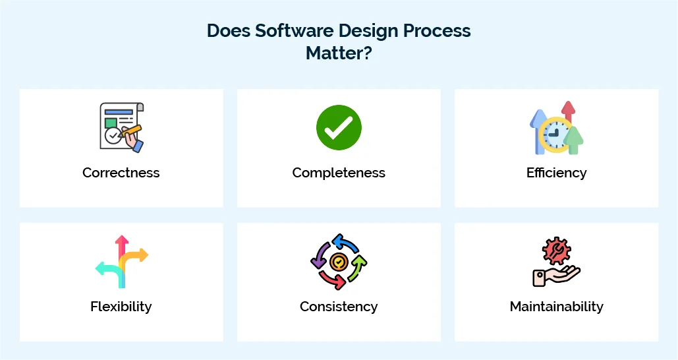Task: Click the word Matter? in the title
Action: (339, 53)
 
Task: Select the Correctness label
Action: (121, 173)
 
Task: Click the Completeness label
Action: (339, 173)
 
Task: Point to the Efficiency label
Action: (556, 173)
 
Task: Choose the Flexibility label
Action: (121, 307)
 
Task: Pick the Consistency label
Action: (339, 307)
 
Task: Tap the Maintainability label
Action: (556, 307)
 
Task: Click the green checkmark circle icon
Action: (339, 127)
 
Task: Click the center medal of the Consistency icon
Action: (339, 262)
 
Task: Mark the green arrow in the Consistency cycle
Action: (358, 267)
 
